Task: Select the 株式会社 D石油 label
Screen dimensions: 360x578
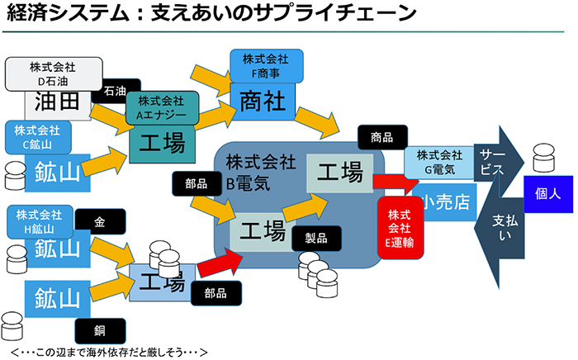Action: [x=54, y=73]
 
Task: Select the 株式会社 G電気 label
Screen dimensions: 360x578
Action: [x=439, y=161]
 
